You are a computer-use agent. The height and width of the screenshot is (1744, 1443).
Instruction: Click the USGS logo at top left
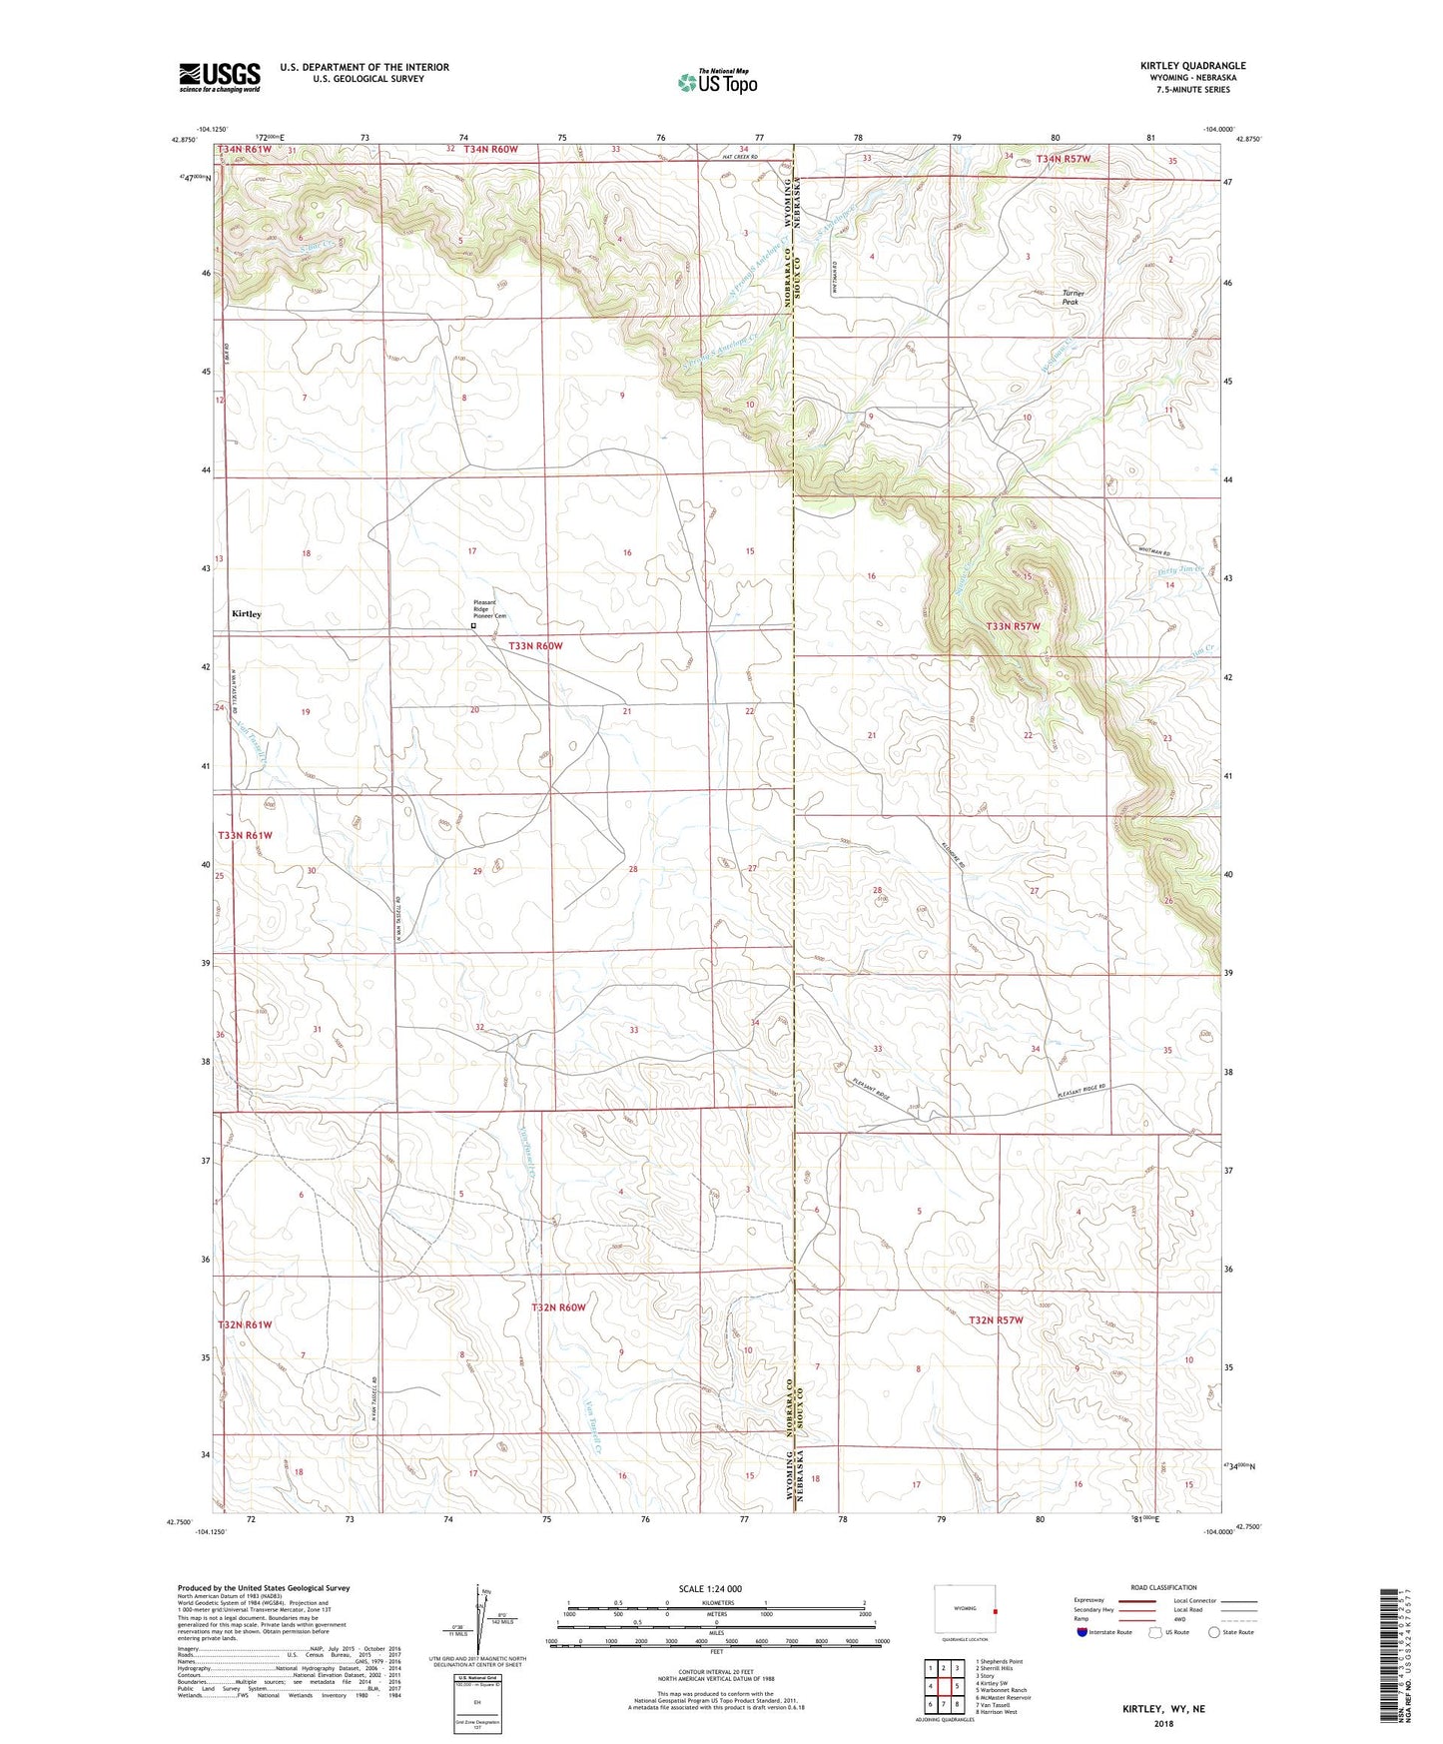tap(220, 76)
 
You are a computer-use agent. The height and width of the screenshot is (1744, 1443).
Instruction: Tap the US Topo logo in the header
tap(717, 82)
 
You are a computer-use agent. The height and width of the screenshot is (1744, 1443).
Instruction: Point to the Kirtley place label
tap(247, 614)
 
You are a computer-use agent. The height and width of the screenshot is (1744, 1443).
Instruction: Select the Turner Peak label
tap(1073, 297)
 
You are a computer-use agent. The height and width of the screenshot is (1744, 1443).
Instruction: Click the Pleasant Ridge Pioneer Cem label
tap(489, 609)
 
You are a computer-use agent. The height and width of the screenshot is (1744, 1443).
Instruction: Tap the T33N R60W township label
tap(535, 646)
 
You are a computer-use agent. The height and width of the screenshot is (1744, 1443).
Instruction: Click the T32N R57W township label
tap(996, 1319)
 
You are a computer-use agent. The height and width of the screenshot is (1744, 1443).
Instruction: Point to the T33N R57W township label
tap(1013, 626)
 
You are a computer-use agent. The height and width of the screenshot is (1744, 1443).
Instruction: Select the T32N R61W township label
tap(245, 1324)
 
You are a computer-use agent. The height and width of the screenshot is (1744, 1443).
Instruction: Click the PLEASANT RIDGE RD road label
tap(1082, 1094)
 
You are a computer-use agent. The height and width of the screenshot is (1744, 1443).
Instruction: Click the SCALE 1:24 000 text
tap(710, 1588)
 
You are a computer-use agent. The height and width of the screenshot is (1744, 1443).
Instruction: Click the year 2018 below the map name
tap(1163, 1723)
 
